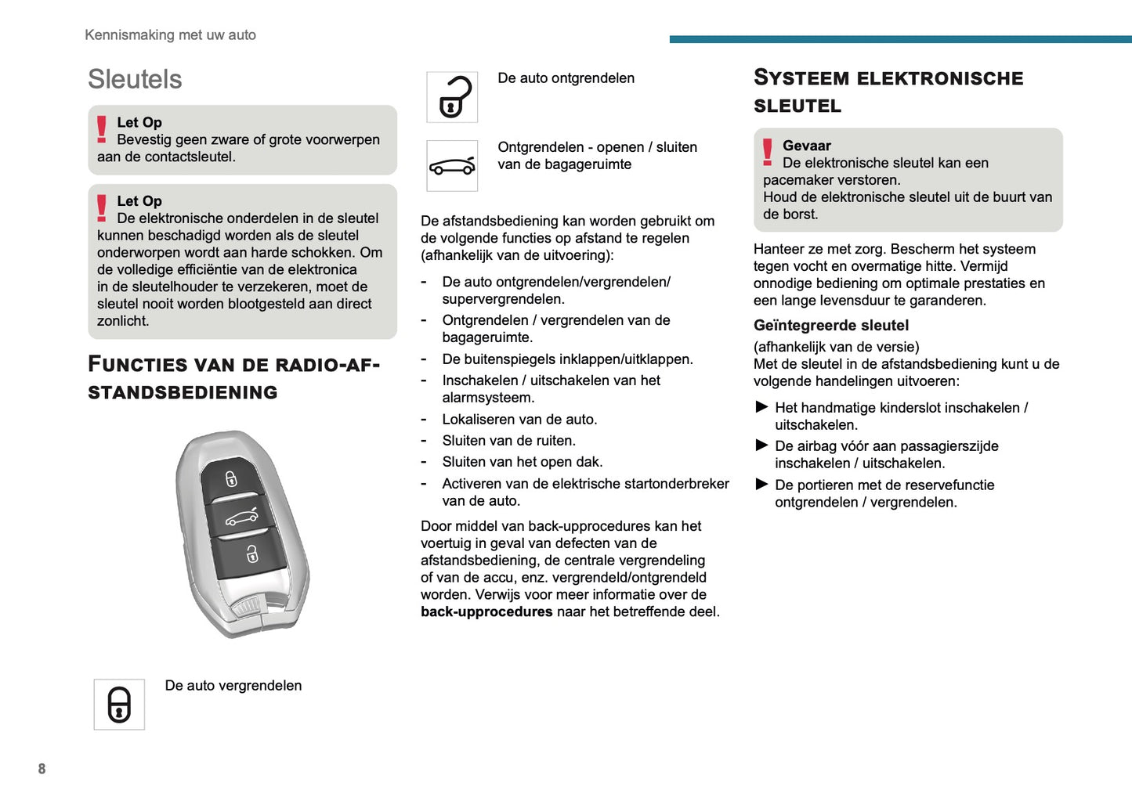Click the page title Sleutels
[x=135, y=79]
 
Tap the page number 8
[x=42, y=769]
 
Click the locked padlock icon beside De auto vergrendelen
[x=119, y=705]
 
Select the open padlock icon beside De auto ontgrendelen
[x=453, y=97]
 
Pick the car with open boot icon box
[x=452, y=166]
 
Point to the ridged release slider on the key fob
[x=248, y=606]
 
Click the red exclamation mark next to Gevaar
[x=767, y=152]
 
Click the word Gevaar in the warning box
[x=806, y=146]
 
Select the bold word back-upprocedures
[x=486, y=611]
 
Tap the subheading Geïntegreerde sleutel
[x=830, y=325]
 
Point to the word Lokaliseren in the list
[x=479, y=419]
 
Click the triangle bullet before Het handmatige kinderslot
[x=761, y=407]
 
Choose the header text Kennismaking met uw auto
[x=170, y=34]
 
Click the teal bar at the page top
[x=900, y=38]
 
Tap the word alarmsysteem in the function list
[x=487, y=398]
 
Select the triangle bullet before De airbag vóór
[x=761, y=445]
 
